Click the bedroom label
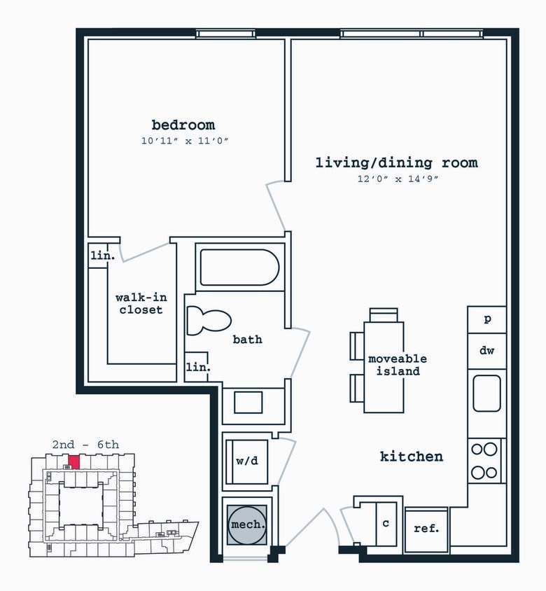click(x=183, y=125)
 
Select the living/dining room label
click(x=396, y=163)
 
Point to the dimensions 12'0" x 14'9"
click(x=396, y=179)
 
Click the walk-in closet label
click(x=139, y=303)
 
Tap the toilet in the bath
click(x=209, y=321)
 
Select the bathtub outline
click(x=239, y=267)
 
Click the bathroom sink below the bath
click(x=248, y=403)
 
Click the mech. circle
click(x=246, y=524)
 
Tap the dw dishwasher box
click(x=487, y=350)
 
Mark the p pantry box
click(x=487, y=319)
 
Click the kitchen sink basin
click(x=486, y=393)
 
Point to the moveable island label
click(x=398, y=365)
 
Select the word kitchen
click(x=412, y=457)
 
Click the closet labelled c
click(x=386, y=523)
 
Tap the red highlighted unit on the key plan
click(x=73, y=461)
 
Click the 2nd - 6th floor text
click(x=85, y=444)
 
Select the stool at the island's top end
click(x=383, y=314)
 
